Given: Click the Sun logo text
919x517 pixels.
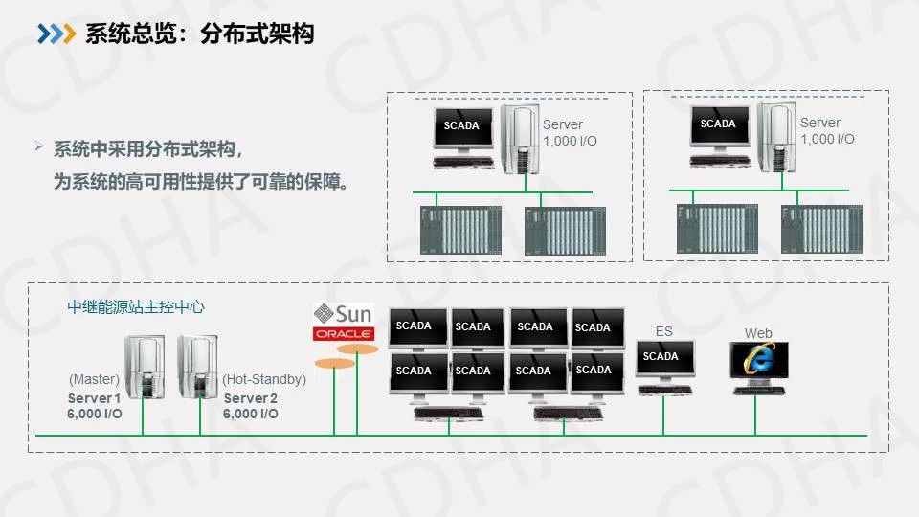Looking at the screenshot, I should click(353, 314).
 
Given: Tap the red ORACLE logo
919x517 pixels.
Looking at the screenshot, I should click(343, 334).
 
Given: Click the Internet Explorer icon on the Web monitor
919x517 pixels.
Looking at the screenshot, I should click(758, 360).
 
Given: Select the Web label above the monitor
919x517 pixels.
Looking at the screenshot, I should click(758, 333).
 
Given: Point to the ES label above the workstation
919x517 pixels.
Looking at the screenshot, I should click(663, 331).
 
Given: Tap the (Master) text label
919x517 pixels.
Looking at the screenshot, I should click(94, 379).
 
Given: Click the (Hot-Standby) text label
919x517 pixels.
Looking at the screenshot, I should click(264, 379).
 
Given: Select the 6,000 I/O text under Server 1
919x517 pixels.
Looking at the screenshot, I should click(95, 414).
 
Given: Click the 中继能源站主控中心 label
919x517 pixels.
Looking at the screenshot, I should click(136, 307).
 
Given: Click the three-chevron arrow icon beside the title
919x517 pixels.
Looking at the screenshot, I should click(56, 34).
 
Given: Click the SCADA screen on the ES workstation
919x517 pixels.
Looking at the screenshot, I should click(661, 356).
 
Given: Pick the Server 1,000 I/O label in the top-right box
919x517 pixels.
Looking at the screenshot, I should click(827, 131).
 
